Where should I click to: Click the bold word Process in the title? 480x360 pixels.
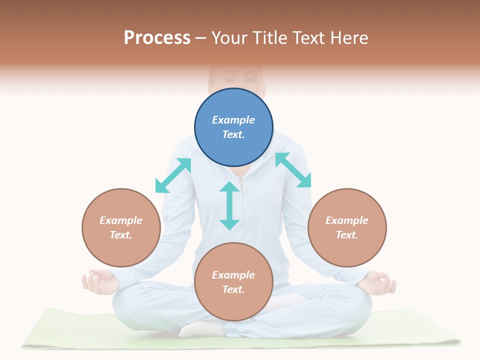(157, 38)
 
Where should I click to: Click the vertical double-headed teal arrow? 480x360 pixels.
(229, 205)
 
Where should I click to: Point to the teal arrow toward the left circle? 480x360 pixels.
(173, 175)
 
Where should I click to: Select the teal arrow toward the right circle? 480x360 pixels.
(293, 170)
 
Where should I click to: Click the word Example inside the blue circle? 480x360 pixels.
(233, 120)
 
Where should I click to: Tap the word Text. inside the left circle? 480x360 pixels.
(121, 235)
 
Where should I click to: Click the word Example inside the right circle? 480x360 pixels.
(347, 220)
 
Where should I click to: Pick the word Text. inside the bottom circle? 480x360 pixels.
(233, 289)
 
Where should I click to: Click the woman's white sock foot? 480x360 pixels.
(200, 328)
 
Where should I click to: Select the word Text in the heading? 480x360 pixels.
(309, 38)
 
